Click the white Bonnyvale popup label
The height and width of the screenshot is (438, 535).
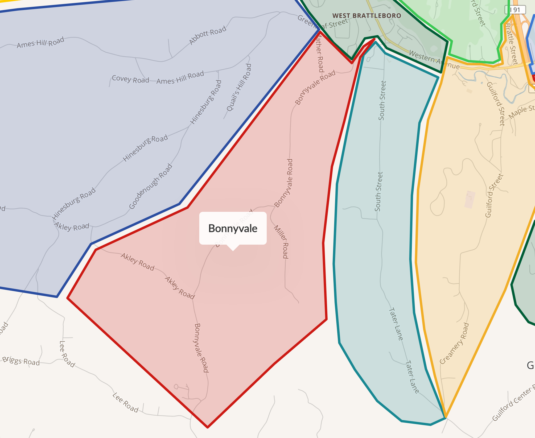tap(233, 228)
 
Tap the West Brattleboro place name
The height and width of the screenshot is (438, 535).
tap(367, 16)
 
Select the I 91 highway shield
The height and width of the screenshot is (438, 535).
tap(515, 10)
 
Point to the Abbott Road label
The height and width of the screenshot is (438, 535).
tap(208, 35)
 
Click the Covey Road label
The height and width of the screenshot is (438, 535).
tap(130, 79)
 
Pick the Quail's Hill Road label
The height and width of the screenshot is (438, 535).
tap(239, 87)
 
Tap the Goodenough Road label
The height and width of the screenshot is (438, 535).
tap(150, 186)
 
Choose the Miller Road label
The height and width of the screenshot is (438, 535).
tap(282, 242)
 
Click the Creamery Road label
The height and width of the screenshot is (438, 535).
tap(454, 343)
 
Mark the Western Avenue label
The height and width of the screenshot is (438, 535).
tap(434, 60)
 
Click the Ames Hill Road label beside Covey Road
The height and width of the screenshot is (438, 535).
tap(180, 77)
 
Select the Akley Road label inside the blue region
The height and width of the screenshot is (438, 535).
tap(72, 226)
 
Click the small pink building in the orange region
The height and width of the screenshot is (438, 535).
tap(470, 199)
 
